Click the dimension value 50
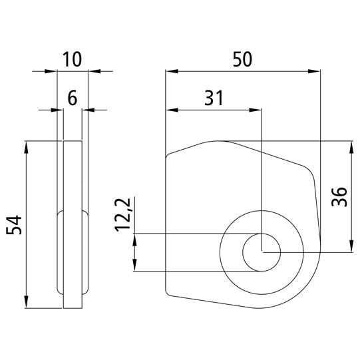pyautogui.click(x=242, y=59)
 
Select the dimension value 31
pyautogui.click(x=214, y=98)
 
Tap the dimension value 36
pyautogui.click(x=339, y=197)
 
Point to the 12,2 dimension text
pyautogui.click(x=123, y=215)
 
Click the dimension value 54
pyautogui.click(x=14, y=225)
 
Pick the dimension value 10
pyautogui.click(x=72, y=59)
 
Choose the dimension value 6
pyautogui.click(x=73, y=98)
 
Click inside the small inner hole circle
pyautogui.click(x=262, y=252)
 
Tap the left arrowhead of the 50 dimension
pyautogui.click(x=172, y=71)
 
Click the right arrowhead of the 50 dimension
pyautogui.click(x=314, y=71)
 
